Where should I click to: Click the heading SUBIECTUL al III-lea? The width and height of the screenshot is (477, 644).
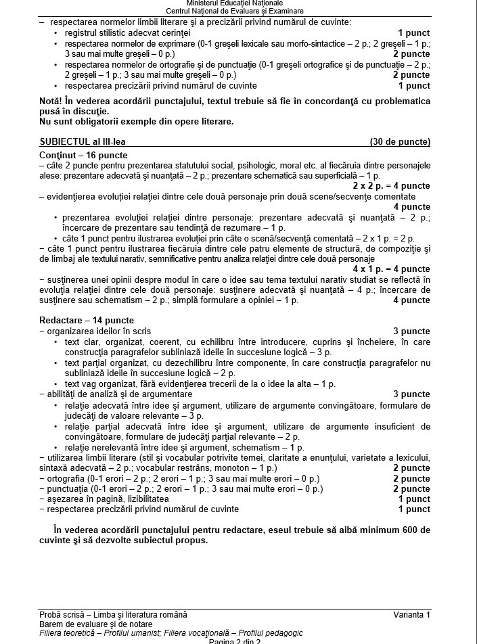[x=83, y=142]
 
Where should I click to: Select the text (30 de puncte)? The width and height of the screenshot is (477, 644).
[x=400, y=142]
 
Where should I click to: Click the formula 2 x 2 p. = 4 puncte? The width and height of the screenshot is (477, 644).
[x=391, y=185]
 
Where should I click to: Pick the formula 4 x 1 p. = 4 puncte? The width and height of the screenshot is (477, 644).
[x=391, y=269]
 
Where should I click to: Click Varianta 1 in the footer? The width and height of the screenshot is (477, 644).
[x=411, y=614]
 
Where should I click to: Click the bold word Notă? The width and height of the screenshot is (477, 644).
[x=53, y=101]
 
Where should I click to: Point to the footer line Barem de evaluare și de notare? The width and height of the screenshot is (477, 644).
[x=96, y=624]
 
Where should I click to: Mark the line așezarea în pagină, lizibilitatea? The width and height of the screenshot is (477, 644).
[x=106, y=499]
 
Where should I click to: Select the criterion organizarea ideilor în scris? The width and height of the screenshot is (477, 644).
[x=97, y=331]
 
